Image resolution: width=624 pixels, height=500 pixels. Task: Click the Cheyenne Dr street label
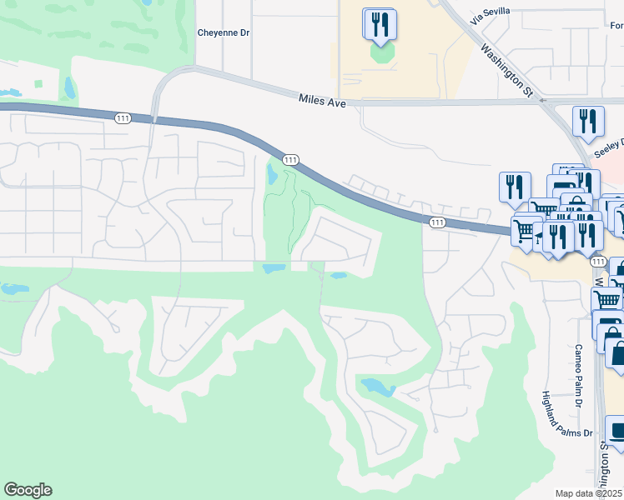pos(224,33)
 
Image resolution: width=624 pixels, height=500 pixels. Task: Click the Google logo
pos(28,490)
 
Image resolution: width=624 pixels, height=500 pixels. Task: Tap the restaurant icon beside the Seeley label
pos(588,121)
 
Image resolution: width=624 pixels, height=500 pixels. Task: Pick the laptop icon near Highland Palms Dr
pos(616,432)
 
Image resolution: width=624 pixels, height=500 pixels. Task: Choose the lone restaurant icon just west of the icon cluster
pos(515,187)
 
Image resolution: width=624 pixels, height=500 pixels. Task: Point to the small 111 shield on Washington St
pos(597,262)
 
